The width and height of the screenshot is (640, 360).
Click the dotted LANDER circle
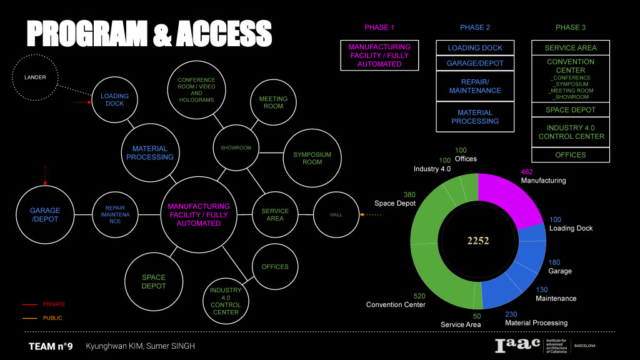(x=36, y=77)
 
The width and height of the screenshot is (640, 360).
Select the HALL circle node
(x=336, y=214)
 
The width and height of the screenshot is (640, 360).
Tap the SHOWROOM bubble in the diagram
(x=236, y=148)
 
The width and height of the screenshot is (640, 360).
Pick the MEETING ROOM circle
(x=273, y=102)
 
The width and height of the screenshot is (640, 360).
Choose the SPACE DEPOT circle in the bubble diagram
(x=153, y=281)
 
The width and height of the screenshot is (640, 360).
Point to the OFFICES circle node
(x=275, y=267)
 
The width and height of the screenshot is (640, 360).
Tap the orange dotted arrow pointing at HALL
(x=371, y=215)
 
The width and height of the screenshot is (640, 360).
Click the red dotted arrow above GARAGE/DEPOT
(x=45, y=174)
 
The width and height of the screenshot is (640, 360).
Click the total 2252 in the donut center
(x=478, y=241)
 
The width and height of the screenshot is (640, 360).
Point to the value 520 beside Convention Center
(x=419, y=295)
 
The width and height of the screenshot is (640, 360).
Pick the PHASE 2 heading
(x=475, y=27)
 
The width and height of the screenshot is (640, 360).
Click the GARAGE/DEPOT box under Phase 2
(x=475, y=63)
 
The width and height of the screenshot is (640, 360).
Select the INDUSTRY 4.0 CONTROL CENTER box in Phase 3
(x=571, y=132)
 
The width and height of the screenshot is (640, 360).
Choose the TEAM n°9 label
(x=51, y=346)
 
